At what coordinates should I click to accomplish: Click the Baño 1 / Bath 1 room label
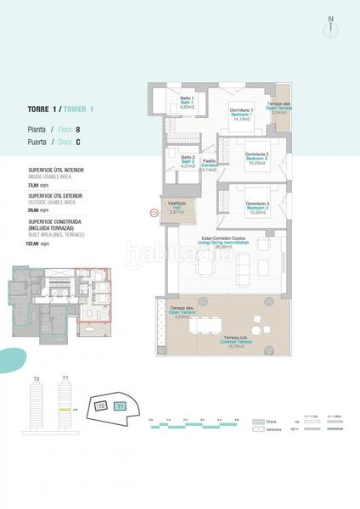(x=187, y=102)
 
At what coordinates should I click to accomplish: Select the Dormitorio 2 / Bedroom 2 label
(x=257, y=158)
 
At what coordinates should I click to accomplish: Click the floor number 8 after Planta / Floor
(x=78, y=130)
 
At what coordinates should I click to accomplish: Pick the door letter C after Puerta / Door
(x=78, y=143)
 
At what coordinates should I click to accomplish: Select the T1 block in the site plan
(x=120, y=406)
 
